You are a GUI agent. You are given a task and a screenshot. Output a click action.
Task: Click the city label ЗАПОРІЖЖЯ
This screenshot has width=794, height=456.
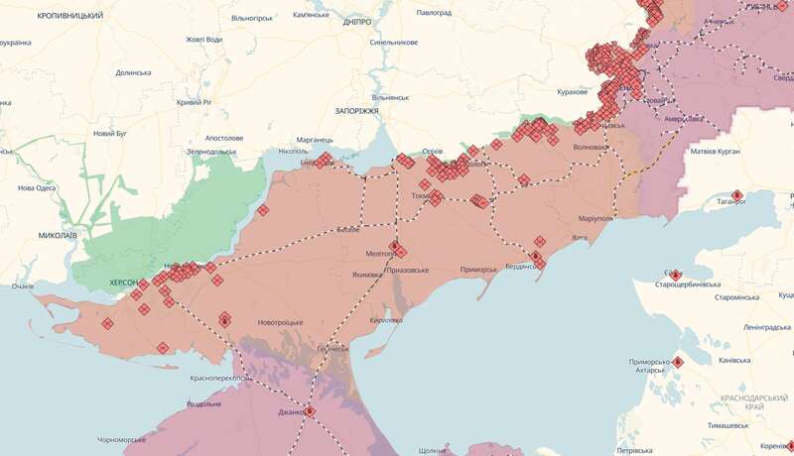click(357, 111)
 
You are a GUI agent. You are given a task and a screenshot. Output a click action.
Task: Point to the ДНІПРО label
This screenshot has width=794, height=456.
click(354, 22)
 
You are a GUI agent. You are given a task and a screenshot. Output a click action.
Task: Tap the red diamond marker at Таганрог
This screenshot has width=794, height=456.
click(736, 195)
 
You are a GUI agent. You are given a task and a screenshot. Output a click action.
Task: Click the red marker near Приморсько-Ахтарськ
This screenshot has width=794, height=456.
click(678, 362)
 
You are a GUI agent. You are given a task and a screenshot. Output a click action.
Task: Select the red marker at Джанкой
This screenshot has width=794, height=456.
click(310, 410)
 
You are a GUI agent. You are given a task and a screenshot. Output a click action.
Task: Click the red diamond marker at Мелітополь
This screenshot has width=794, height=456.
click(394, 247)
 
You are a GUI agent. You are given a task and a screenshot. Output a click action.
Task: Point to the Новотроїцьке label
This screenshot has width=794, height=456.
click(280, 322)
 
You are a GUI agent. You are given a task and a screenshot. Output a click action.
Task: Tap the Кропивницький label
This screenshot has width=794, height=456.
click(69, 17)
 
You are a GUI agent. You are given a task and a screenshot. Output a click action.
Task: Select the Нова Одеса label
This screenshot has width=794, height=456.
click(39, 188)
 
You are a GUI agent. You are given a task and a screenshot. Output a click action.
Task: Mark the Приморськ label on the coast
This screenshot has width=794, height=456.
click(484, 270)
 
